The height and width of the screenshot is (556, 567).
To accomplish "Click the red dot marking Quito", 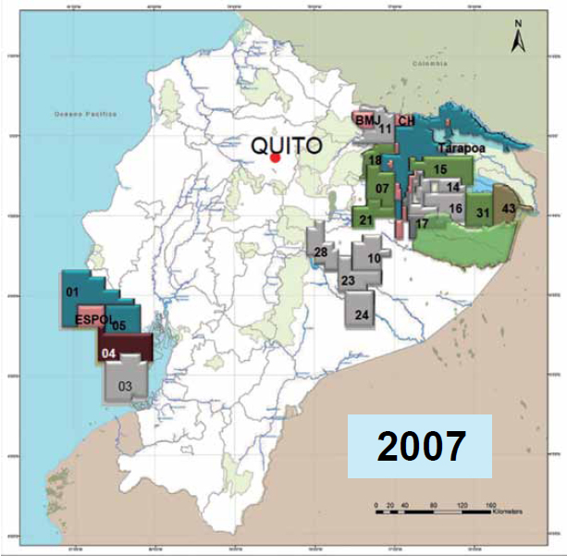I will [275, 158].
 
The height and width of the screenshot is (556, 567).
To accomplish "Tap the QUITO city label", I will [288, 145].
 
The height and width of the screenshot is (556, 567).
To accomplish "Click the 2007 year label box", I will [419, 446].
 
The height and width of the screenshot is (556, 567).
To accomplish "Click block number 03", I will [126, 385].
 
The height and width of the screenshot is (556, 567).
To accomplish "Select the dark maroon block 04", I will [109, 352].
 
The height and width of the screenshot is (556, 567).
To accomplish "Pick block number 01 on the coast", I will [70, 292].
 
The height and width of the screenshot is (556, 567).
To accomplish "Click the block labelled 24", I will [362, 315].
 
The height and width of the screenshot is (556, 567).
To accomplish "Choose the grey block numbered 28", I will [321, 253].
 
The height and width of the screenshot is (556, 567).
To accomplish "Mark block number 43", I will [508, 209].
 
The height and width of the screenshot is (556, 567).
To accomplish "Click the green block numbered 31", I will [482, 213].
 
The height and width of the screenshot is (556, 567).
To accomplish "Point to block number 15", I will [440, 169].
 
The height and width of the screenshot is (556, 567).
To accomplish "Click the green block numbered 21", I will [366, 219].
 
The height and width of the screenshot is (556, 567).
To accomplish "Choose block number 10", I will [374, 258].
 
